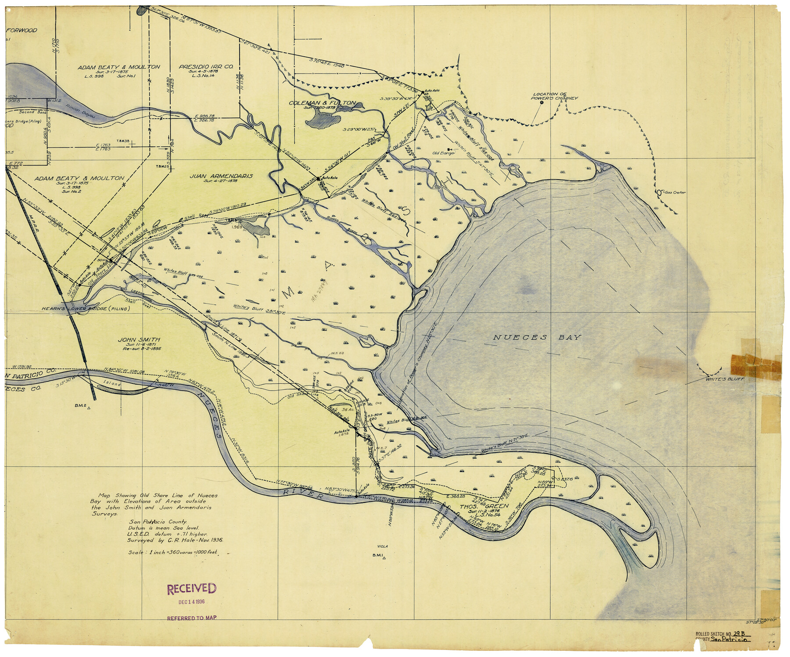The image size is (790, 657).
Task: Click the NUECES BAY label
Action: point(537,337)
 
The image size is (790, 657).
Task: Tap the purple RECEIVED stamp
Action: point(191,588)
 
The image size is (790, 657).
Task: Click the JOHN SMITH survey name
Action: point(139,339)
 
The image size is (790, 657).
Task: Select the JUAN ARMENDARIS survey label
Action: point(221,176)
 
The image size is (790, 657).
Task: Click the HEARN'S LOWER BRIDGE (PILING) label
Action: point(86,309)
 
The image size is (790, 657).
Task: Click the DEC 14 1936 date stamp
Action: point(191,602)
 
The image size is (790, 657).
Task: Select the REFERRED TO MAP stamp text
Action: point(192,618)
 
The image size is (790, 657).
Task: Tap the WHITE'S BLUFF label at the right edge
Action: point(725,379)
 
